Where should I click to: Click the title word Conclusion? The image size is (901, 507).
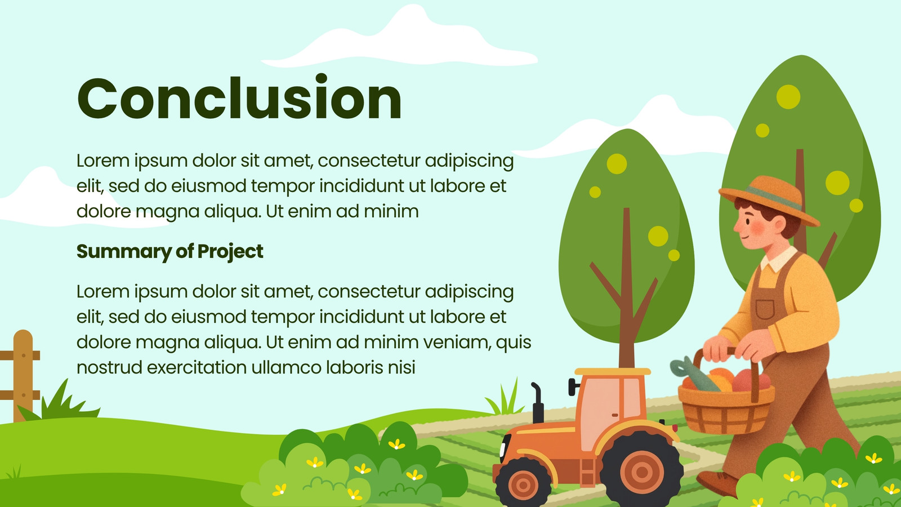(239, 98)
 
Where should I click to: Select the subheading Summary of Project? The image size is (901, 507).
(170, 252)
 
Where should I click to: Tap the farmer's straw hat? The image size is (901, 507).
(768, 200)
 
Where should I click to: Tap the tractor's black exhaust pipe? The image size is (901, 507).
(537, 402)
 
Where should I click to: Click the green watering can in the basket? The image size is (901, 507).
(694, 374)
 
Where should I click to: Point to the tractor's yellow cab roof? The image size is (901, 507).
(612, 371)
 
